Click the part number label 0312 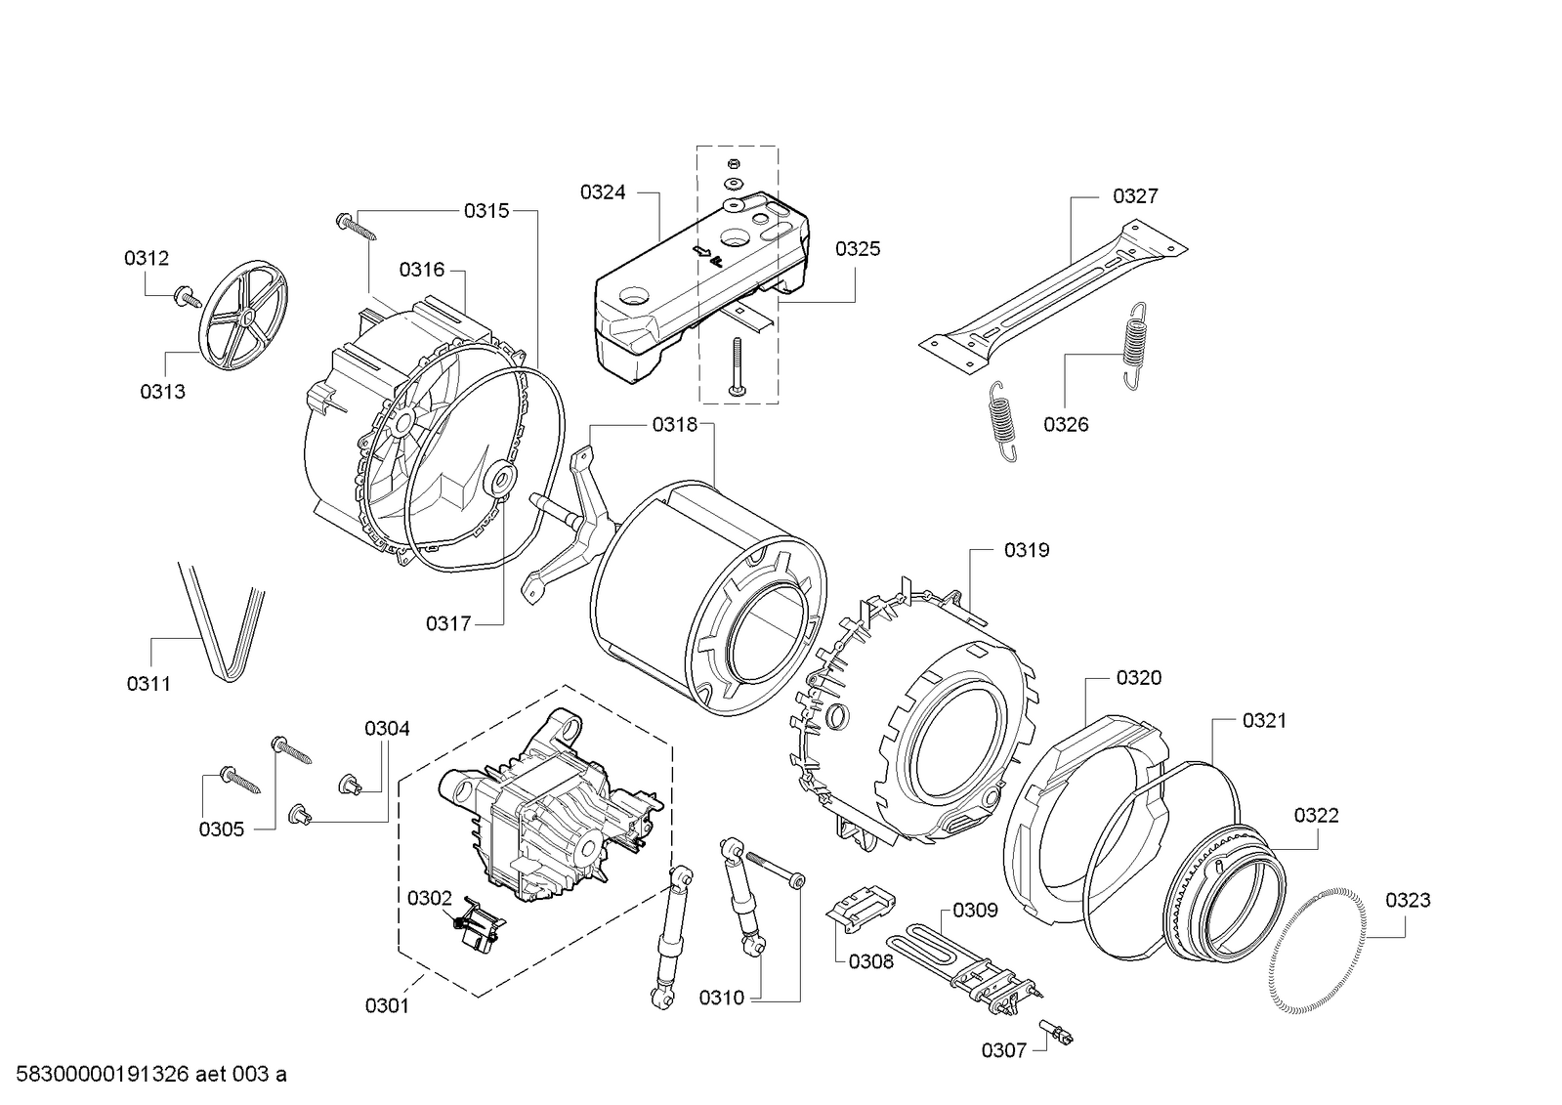click(146, 258)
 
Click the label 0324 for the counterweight click(602, 192)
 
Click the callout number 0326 click(1065, 424)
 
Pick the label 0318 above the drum click(675, 425)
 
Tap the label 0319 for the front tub click(1026, 550)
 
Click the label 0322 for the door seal click(1316, 815)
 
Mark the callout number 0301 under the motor click(387, 1004)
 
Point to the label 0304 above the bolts click(387, 728)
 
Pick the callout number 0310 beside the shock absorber click(721, 998)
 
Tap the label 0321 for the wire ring click(1264, 720)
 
